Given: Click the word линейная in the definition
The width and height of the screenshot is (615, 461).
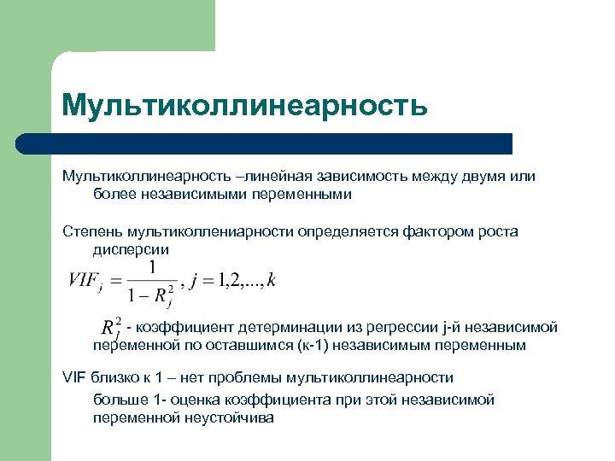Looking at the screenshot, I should [x=277, y=177].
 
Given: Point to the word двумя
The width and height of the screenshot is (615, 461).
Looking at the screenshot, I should [x=483, y=177].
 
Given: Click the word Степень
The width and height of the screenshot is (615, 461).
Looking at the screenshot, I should [x=92, y=231].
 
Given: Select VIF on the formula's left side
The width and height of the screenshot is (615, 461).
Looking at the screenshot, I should [x=82, y=279].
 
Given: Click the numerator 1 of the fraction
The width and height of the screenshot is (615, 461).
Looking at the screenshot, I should [x=151, y=268].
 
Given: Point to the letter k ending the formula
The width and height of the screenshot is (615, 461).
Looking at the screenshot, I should [x=272, y=280].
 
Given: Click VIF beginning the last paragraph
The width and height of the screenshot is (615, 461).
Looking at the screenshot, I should [x=75, y=376].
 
